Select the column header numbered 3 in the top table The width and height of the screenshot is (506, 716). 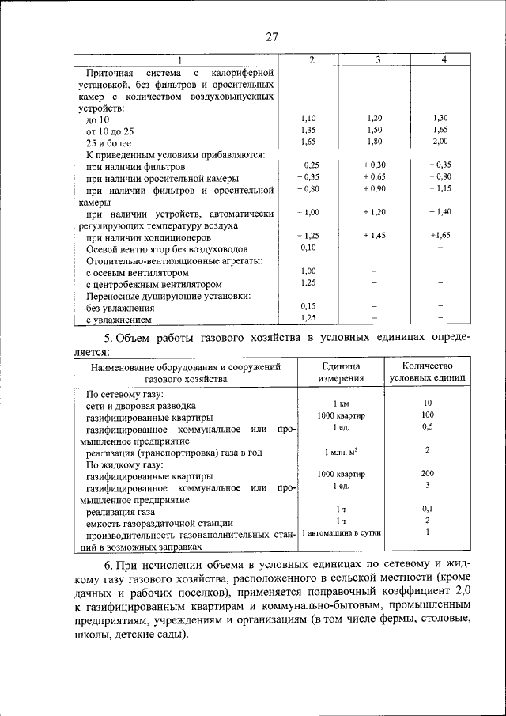(378, 61)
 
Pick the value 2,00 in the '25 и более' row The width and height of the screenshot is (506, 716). (440, 142)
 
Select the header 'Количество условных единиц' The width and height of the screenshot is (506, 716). (427, 372)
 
